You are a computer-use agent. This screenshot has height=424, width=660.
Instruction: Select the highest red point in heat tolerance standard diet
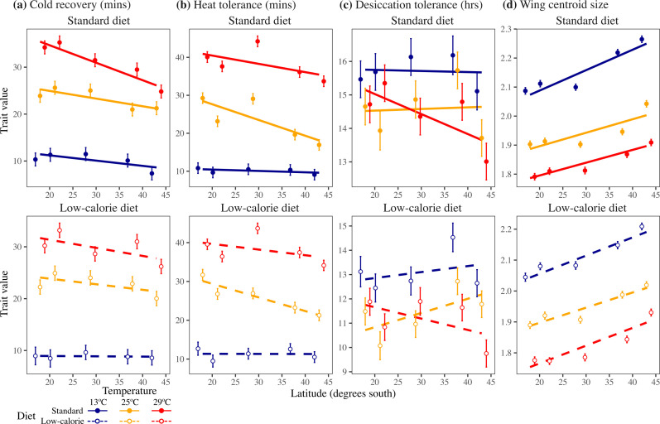tap(257, 41)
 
